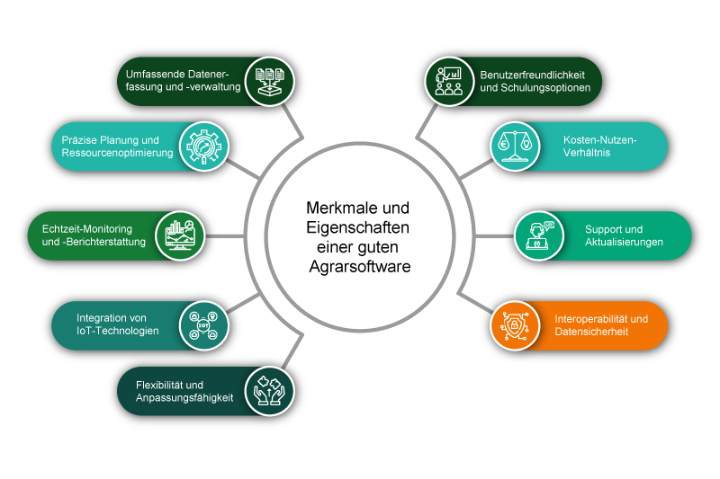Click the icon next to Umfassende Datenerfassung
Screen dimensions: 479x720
[270, 81]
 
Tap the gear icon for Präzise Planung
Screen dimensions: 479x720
[205, 146]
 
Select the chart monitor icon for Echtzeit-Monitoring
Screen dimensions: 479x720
[181, 236]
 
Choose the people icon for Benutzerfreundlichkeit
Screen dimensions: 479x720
[449, 81]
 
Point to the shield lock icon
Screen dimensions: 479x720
[515, 325]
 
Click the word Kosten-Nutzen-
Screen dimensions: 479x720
[600, 140]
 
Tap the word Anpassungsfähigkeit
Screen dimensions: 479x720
[184, 398]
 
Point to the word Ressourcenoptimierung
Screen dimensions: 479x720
[117, 153]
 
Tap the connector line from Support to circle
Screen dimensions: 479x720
[493, 236]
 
